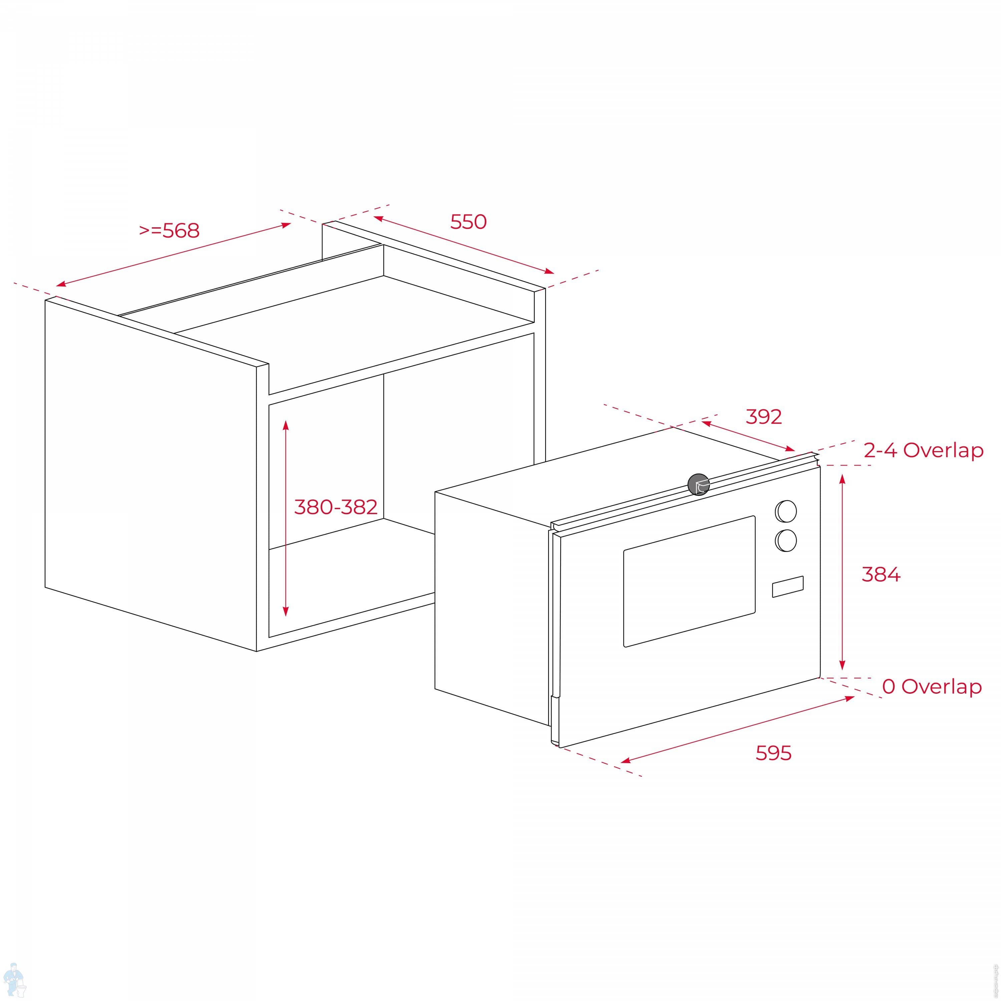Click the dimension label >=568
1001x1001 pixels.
(169, 231)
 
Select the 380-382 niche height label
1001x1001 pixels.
(336, 507)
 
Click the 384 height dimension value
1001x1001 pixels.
(881, 574)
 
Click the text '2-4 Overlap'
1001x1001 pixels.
(923, 450)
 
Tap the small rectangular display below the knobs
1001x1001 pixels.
(787, 587)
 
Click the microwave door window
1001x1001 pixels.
(689, 581)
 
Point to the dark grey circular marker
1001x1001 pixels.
(698, 484)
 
